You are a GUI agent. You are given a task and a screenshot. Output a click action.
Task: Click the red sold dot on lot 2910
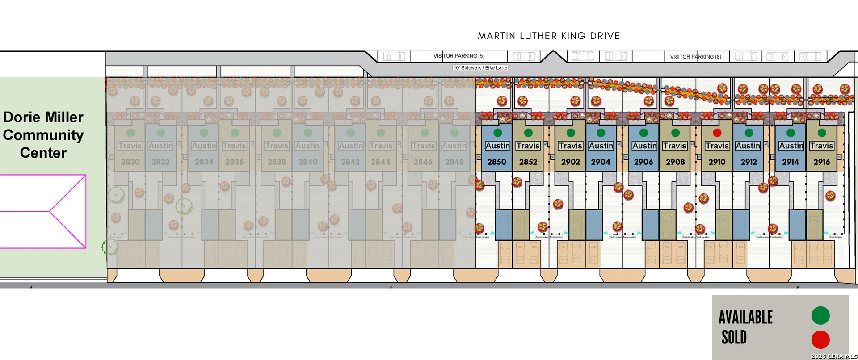click(717, 133)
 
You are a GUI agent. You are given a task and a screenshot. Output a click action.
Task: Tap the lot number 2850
click(497, 162)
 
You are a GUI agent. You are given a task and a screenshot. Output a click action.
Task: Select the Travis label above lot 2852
click(528, 146)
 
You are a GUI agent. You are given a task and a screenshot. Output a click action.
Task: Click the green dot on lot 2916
click(822, 133)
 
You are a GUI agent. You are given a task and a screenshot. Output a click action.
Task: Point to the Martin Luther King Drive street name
click(549, 36)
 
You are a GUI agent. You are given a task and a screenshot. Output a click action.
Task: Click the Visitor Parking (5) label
click(459, 56)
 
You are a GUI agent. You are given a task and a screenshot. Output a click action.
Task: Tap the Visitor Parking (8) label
click(695, 57)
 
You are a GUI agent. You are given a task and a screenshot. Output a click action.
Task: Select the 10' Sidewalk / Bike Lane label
click(480, 68)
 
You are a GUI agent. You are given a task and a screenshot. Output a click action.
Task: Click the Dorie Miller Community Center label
click(43, 135)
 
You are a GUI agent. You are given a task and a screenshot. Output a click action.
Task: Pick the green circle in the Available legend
click(820, 315)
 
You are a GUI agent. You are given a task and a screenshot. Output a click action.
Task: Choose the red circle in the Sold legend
click(820, 339)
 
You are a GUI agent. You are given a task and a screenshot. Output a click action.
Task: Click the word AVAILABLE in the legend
click(745, 317)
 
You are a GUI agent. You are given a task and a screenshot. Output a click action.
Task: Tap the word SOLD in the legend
click(734, 337)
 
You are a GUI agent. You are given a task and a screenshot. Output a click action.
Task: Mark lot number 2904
click(601, 162)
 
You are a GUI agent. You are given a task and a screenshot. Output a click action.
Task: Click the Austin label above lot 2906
click(644, 146)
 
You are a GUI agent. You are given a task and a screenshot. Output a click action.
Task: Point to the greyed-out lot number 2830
click(130, 162)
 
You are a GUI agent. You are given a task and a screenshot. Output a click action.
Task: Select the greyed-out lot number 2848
click(454, 162)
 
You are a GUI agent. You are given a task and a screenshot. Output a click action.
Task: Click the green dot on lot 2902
click(571, 133)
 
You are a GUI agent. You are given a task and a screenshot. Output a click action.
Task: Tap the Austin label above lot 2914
click(791, 146)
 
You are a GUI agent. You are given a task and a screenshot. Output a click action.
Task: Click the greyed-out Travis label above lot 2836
click(235, 146)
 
